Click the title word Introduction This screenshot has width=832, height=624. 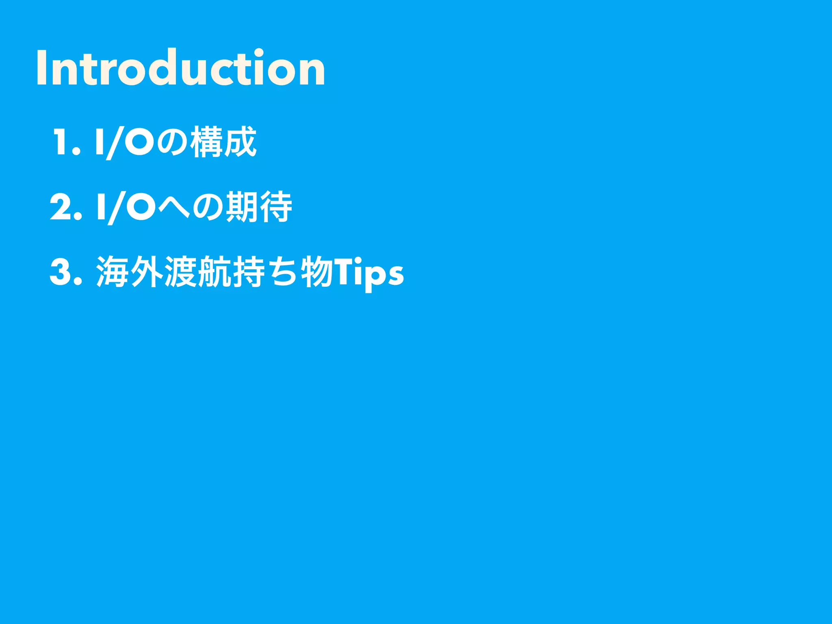pyautogui.click(x=181, y=68)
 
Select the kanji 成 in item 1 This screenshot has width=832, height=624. pyautogui.click(x=240, y=142)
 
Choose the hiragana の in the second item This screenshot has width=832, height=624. pyautogui.click(x=208, y=208)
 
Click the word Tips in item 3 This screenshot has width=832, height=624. pyautogui.click(x=368, y=273)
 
